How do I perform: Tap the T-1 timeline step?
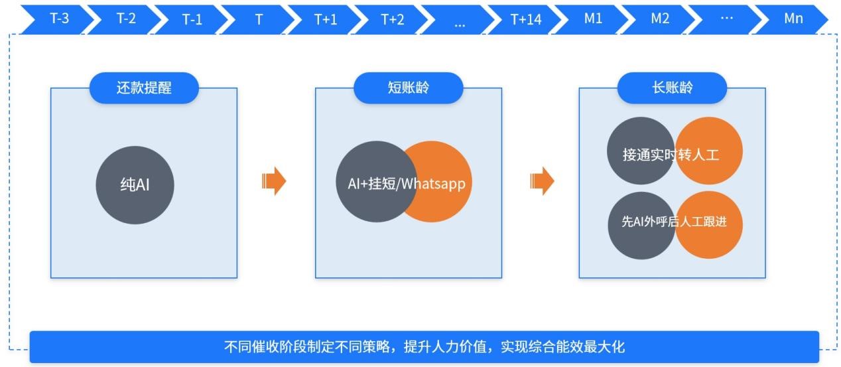pos(192,19)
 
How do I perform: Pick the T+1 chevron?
pos(326,19)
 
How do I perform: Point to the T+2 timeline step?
pos(393,19)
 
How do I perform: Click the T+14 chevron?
pos(526,19)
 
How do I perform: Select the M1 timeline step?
pos(593,19)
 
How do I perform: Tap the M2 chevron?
pos(660,19)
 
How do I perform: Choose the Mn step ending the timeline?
pos(793,19)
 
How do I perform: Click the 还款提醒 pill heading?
pos(144,88)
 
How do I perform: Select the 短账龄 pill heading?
pos(408,88)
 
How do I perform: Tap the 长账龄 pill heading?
pos(672,88)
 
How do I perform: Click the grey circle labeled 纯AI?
pos(135,185)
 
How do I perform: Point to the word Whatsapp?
pos(434,184)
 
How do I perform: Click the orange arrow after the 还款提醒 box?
pos(274,181)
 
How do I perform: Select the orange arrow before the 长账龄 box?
pos(542,181)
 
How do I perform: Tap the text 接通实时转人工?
pos(671,155)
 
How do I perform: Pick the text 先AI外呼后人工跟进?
pos(673,222)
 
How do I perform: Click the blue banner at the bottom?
pos(424,346)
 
